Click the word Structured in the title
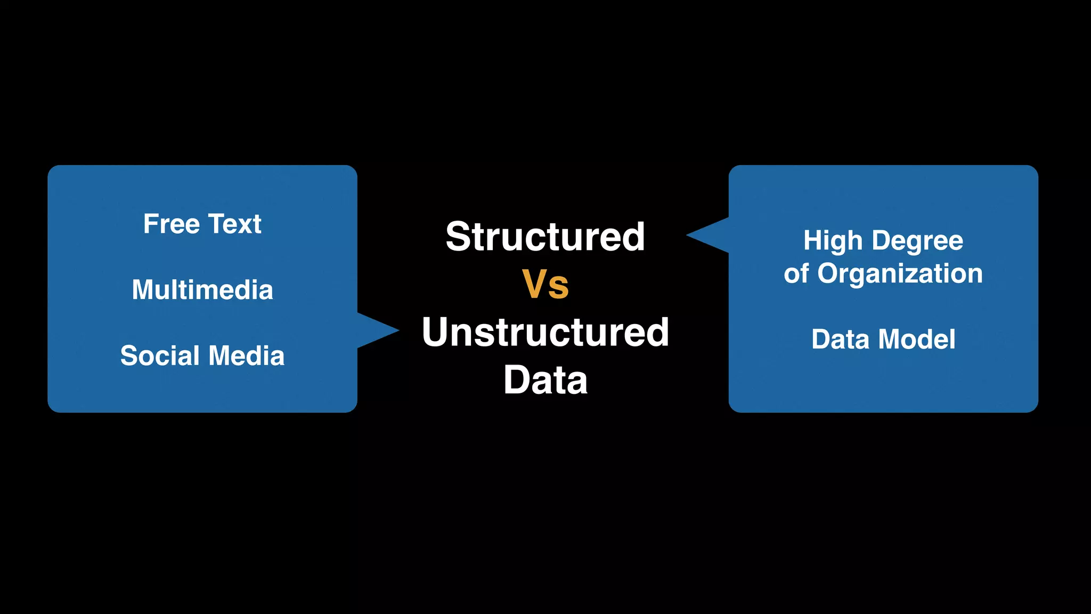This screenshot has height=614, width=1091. pyautogui.click(x=545, y=237)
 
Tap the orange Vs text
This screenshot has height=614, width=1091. pyautogui.click(x=545, y=285)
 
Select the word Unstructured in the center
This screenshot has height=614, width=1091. pyautogui.click(x=545, y=332)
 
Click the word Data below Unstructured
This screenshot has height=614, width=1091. pyautogui.click(x=545, y=380)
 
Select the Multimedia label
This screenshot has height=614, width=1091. pyautogui.click(x=202, y=290)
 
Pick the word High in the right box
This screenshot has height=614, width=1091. pyautogui.click(x=833, y=240)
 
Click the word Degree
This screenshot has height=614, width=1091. pyautogui.click(x=917, y=240)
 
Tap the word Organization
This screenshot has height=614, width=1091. pyautogui.click(x=900, y=274)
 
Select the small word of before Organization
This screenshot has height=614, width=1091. pyautogui.click(x=796, y=274)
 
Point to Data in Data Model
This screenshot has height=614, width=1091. pyautogui.click(x=840, y=339)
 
